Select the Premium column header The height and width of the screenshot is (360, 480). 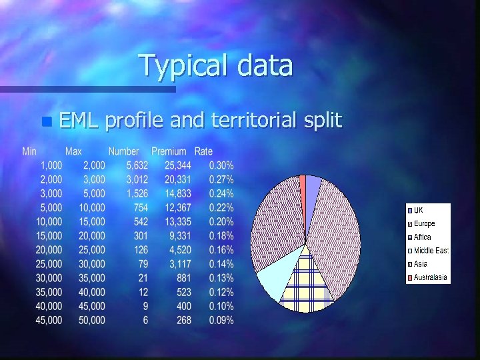(x=169, y=152)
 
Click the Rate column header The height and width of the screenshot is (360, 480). (x=203, y=152)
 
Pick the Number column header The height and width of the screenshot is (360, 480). (x=123, y=152)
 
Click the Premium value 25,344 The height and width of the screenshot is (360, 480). (x=178, y=165)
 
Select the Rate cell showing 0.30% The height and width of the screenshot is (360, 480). (x=221, y=165)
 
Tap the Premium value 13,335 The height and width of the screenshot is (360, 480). (x=178, y=221)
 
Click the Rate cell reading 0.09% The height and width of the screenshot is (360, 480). (x=221, y=320)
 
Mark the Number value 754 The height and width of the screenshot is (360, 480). (x=141, y=207)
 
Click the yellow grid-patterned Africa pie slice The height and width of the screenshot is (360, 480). (x=306, y=283)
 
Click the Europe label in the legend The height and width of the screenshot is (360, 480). (x=424, y=224)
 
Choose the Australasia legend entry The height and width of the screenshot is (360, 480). (x=430, y=277)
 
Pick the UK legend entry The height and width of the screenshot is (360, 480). (x=419, y=211)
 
